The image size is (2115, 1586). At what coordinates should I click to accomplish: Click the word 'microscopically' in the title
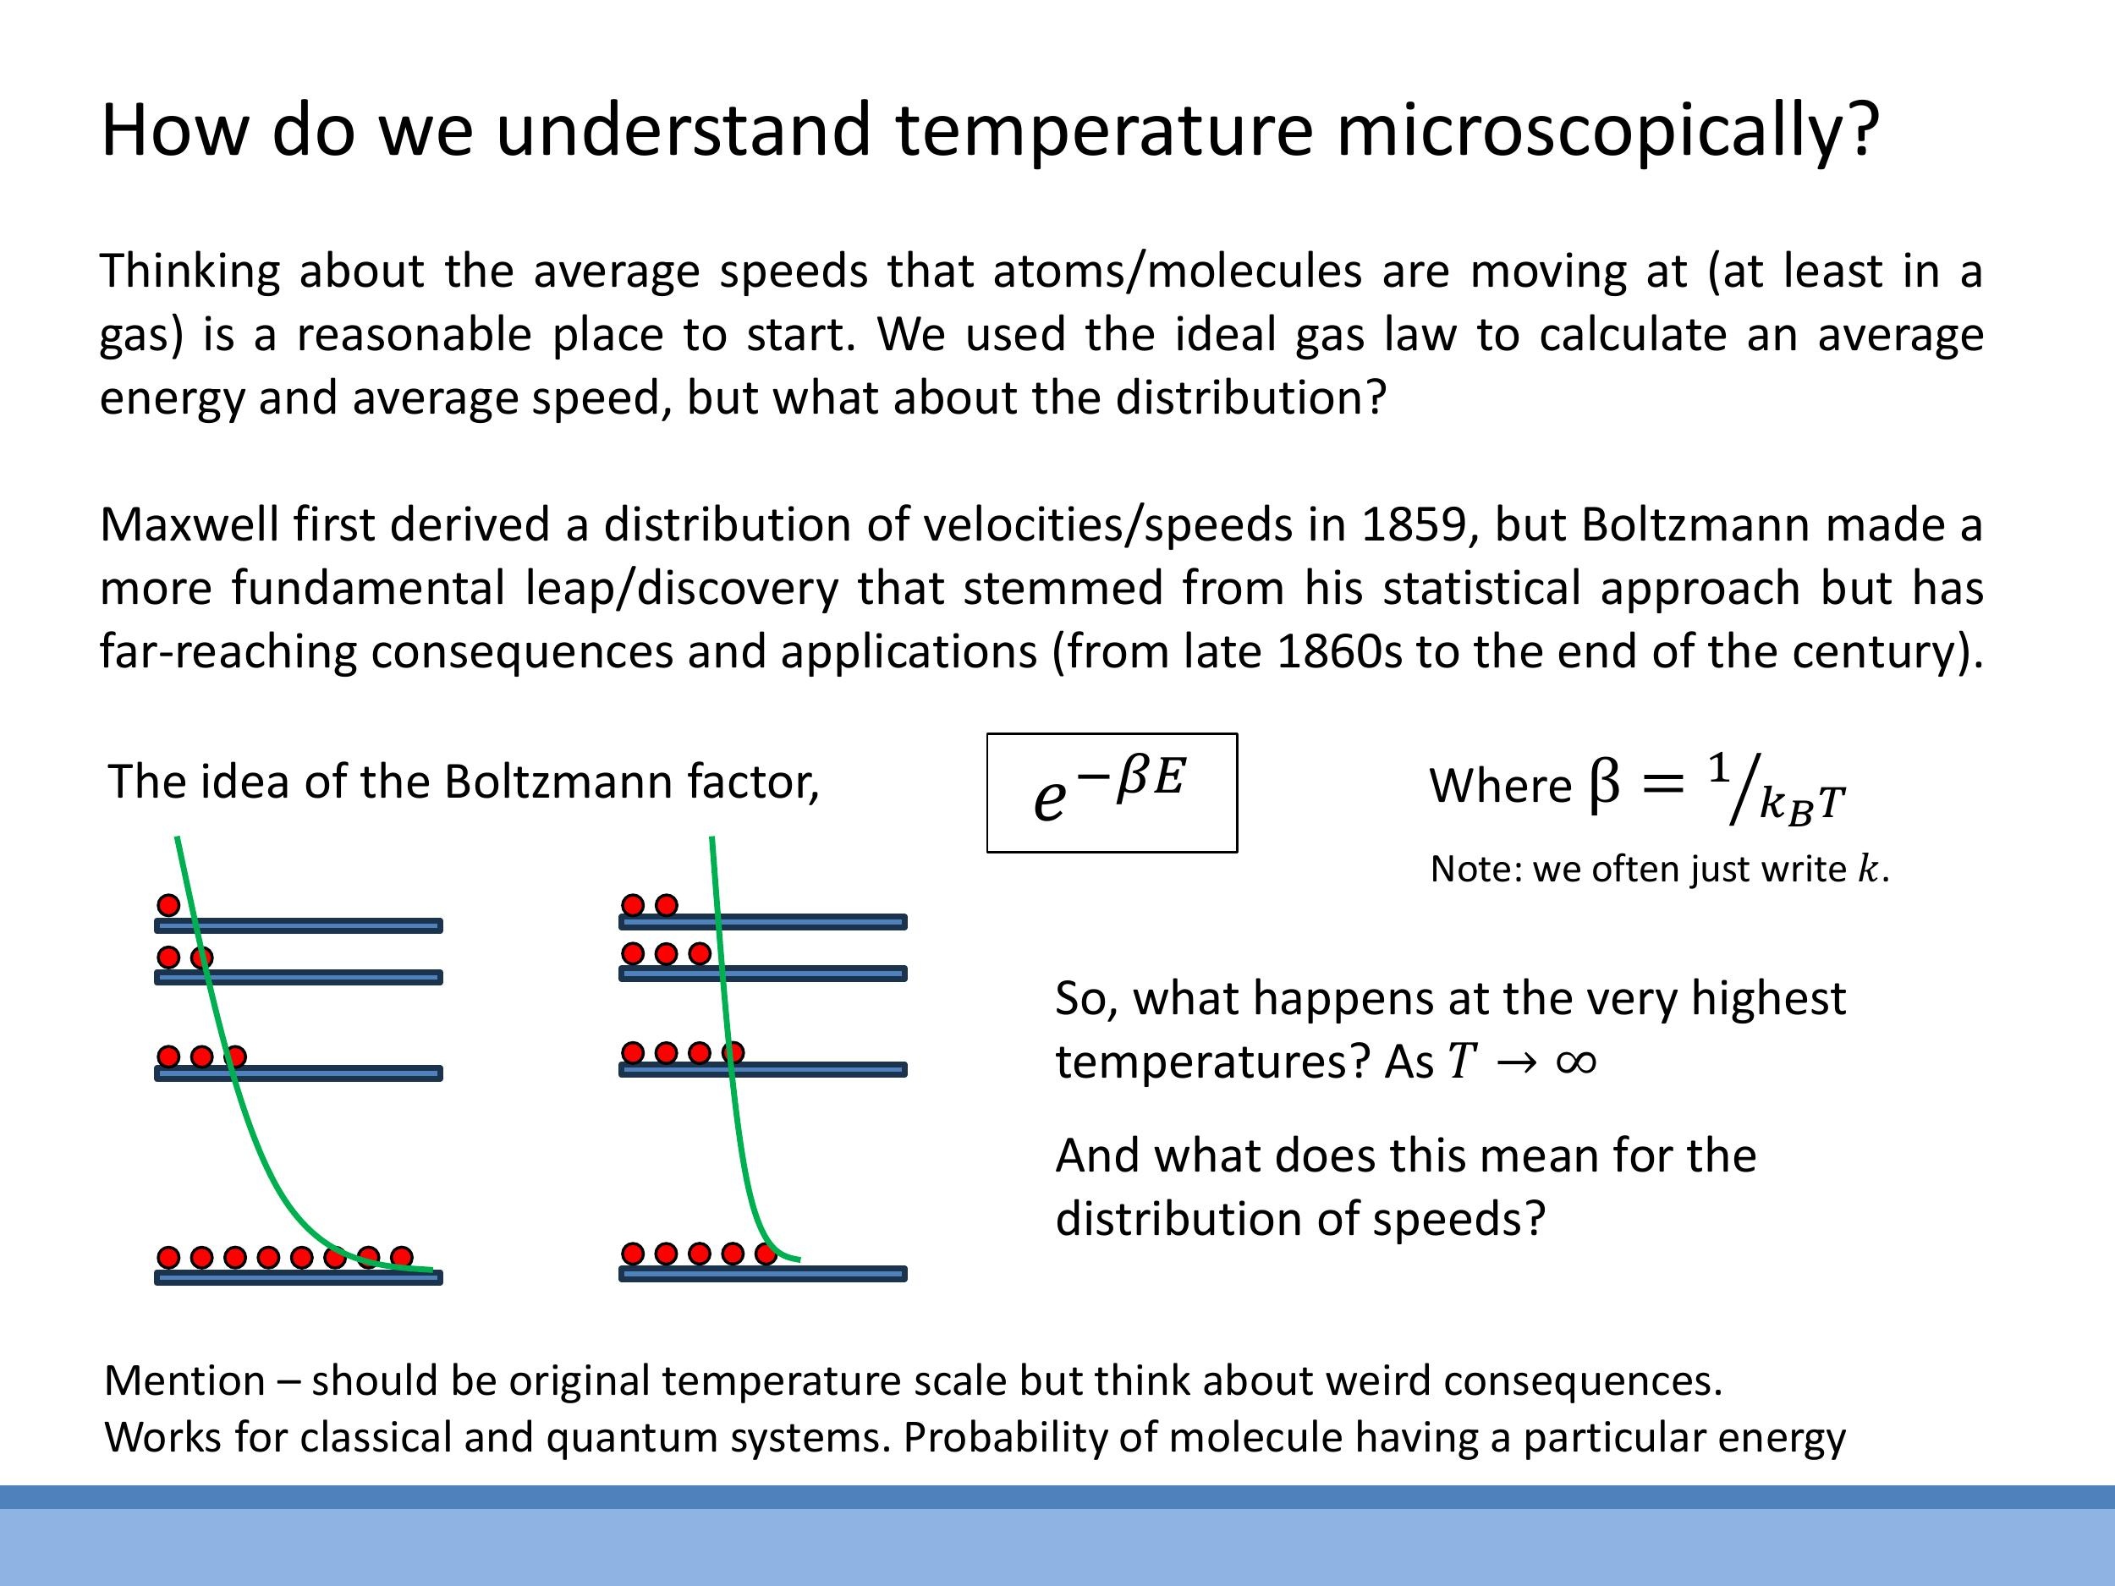tap(1607, 131)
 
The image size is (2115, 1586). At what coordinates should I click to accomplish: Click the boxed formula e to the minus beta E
tap(1111, 793)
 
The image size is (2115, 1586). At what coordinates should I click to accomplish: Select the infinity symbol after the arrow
tap(1576, 1062)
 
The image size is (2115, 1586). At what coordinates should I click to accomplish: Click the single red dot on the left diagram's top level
tap(168, 904)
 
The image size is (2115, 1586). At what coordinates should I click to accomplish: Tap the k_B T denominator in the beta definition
tap(1801, 805)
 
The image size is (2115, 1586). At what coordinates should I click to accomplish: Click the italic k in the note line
tap(1867, 869)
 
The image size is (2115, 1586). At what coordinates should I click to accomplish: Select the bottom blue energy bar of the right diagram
tap(762, 1273)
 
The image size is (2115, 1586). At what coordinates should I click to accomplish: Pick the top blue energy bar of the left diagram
tap(299, 925)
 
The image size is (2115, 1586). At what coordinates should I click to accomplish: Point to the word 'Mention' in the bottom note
tap(184, 1380)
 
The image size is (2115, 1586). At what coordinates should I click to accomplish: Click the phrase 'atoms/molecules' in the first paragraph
tap(1176, 272)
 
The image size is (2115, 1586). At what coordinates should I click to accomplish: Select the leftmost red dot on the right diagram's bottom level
tap(633, 1254)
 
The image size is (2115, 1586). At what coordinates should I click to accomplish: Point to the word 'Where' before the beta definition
tap(1499, 787)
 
